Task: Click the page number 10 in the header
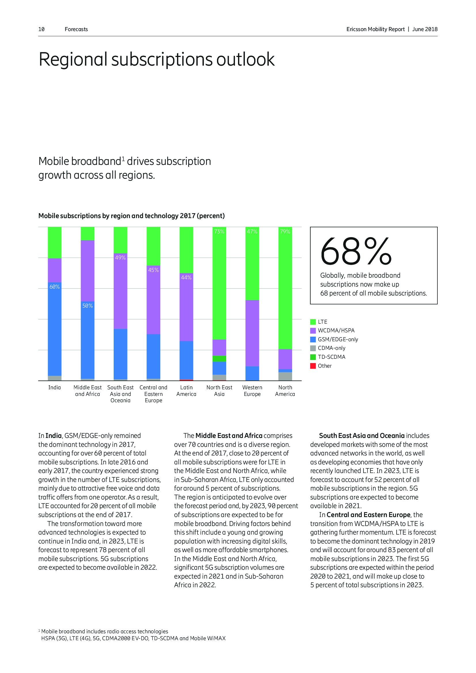click(x=41, y=29)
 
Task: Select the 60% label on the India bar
click(x=54, y=287)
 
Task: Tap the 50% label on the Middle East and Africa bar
click(x=87, y=306)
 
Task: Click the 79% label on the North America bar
click(x=285, y=232)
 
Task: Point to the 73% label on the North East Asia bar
click(x=219, y=232)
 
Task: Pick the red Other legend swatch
click(x=313, y=366)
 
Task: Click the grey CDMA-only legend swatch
click(x=313, y=348)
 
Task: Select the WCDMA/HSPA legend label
click(x=336, y=330)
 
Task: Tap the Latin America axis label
click(x=186, y=391)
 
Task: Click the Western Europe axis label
click(x=252, y=391)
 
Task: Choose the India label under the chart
click(x=54, y=388)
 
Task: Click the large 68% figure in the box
click(x=356, y=251)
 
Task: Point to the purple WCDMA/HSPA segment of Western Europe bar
click(x=252, y=333)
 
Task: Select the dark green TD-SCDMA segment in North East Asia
click(x=219, y=359)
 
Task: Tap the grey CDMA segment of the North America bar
click(x=285, y=376)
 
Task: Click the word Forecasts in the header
click(x=76, y=29)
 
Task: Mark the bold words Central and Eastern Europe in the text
click(x=368, y=515)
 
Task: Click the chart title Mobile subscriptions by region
click(x=131, y=216)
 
